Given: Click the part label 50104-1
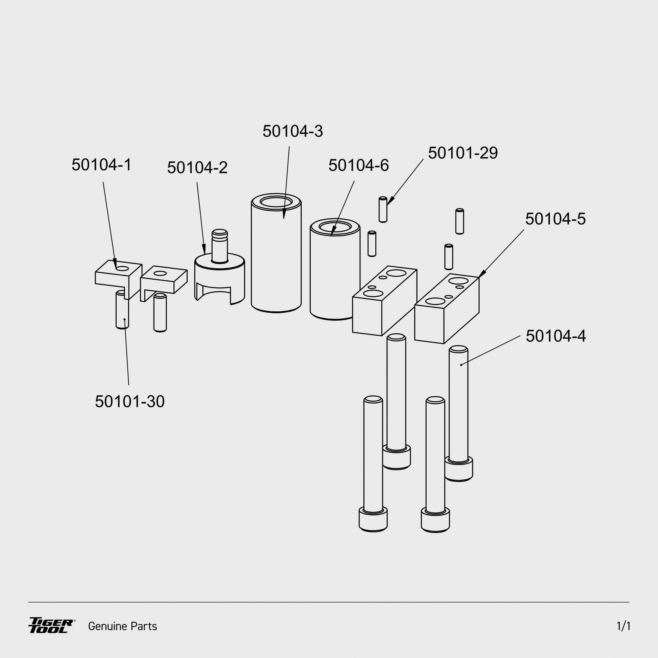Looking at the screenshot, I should coord(102,165).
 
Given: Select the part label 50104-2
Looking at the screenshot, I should coord(197,168).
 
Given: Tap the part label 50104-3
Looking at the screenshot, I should coord(293,131).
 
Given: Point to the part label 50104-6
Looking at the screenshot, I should coord(358,166).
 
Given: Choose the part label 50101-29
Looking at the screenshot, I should coord(462,153).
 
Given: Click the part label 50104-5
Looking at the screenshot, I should coord(555,219).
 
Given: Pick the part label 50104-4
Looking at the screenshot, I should coord(556,336).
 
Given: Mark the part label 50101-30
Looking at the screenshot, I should coord(130,402).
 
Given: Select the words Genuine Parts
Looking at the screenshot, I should coord(123,626).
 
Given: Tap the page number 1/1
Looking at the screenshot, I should coord(623,626).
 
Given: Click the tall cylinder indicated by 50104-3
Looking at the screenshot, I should coord(276,259).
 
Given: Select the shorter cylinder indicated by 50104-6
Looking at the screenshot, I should coord(335,272).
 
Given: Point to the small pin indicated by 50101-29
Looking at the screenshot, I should coord(383,210).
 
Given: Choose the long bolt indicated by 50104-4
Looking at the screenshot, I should coord(458,409).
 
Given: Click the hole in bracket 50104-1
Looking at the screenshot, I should coord(122,269).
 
